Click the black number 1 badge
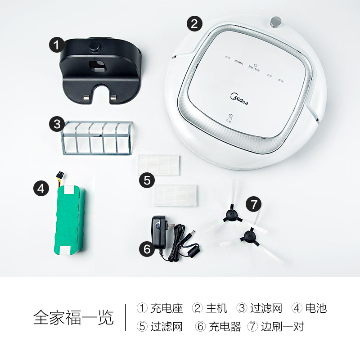(x=56, y=45)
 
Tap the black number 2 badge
(x=194, y=23)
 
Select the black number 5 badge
(x=147, y=180)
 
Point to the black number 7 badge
(x=254, y=204)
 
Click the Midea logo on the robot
(x=242, y=96)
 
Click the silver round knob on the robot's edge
(x=276, y=22)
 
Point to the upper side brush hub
(x=233, y=215)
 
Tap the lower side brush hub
(x=247, y=234)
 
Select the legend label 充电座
(x=166, y=308)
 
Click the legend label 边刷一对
(x=282, y=326)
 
